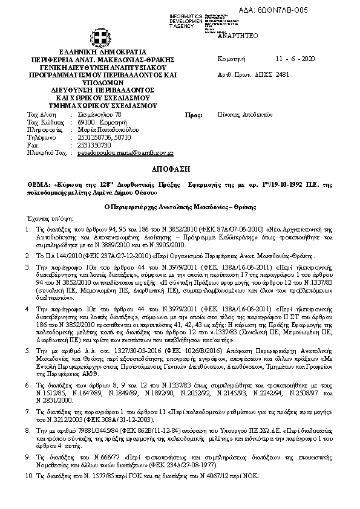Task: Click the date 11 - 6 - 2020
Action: click(295, 59)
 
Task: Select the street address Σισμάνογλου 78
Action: click(100, 114)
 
